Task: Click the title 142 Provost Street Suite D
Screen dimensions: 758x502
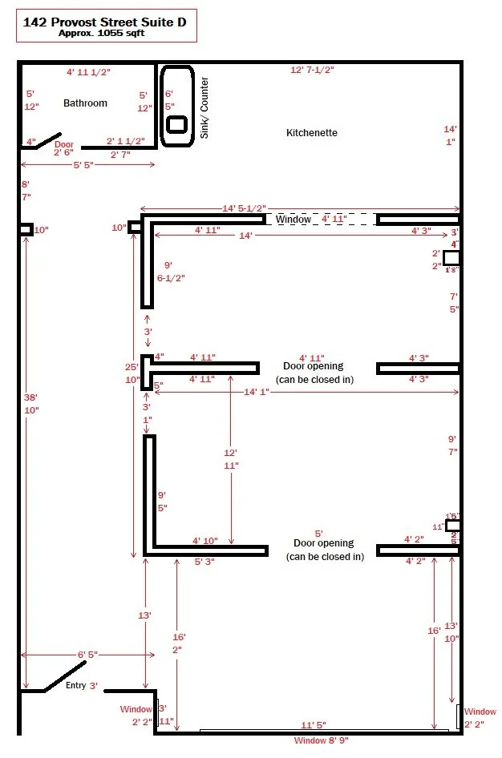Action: pyautogui.click(x=105, y=22)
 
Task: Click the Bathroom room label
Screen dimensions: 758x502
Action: pyautogui.click(x=86, y=103)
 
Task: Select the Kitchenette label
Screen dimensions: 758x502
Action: pyautogui.click(x=312, y=132)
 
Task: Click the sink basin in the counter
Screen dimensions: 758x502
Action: pyautogui.click(x=176, y=124)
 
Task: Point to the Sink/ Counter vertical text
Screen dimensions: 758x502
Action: pyautogui.click(x=204, y=107)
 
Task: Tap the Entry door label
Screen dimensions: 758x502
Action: pyautogui.click(x=75, y=685)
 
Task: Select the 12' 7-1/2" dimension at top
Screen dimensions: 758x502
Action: pyautogui.click(x=312, y=70)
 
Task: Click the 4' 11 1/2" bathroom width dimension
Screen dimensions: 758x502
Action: pyautogui.click(x=87, y=72)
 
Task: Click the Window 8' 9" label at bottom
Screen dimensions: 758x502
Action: pyautogui.click(x=321, y=740)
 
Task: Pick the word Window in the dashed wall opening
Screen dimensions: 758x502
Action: pyautogui.click(x=293, y=219)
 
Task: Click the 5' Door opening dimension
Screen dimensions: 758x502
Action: pyautogui.click(x=318, y=533)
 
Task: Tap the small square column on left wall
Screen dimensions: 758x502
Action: pyautogui.click(x=26, y=229)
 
